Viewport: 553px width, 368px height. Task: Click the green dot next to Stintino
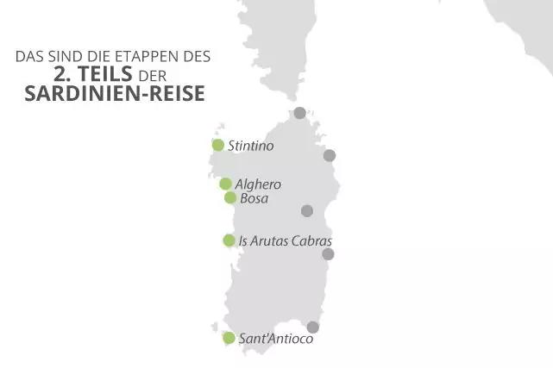tap(218, 145)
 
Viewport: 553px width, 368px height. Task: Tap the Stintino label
tap(250, 147)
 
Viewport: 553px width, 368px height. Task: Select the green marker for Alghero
tap(225, 184)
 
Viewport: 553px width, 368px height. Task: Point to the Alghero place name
tap(258, 184)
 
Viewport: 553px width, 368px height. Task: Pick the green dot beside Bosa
tap(230, 197)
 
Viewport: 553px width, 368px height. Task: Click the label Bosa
tap(255, 198)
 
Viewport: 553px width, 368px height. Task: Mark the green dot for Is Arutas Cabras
tap(229, 240)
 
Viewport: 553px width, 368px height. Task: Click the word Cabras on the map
tap(311, 240)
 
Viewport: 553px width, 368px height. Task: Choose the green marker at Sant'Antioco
tap(229, 338)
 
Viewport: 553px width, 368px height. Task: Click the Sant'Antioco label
tap(276, 339)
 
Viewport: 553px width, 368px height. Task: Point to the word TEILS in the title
tap(108, 74)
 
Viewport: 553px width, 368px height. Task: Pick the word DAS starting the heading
tap(28, 58)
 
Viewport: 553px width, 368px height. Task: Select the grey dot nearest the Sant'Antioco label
tap(313, 327)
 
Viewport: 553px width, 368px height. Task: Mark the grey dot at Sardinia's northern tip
tap(299, 113)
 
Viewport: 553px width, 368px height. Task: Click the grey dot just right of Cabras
tap(328, 253)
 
